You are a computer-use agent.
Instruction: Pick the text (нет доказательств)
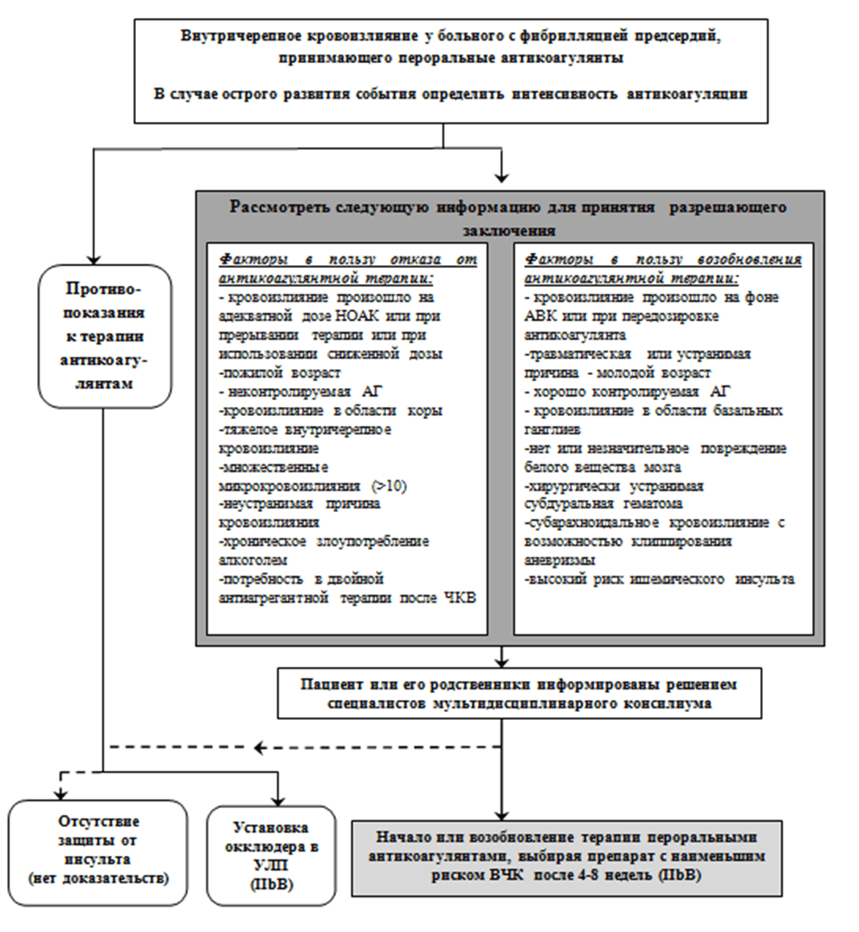point(97,878)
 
